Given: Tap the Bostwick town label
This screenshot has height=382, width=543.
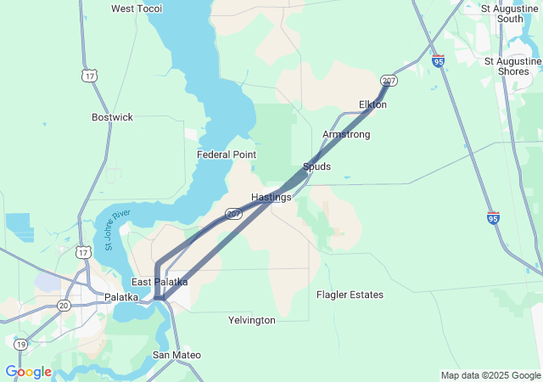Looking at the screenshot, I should (112, 117).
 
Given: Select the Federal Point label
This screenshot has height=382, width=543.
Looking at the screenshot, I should (227, 154).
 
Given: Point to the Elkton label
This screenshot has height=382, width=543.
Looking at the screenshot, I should (373, 104).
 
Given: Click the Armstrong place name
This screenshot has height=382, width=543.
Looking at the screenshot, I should (346, 134).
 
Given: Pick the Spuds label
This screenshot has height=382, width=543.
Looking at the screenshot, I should (316, 166).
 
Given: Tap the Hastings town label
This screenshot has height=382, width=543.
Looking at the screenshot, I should (271, 197).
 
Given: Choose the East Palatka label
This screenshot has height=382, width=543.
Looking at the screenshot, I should (160, 282).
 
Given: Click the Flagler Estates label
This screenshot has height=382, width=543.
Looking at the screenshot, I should (350, 295).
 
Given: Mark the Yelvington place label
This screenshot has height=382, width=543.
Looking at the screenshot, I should (252, 320).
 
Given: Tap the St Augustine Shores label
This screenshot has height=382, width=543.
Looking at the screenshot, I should (512, 66).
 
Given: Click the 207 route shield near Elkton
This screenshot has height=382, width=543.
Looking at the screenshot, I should (389, 81).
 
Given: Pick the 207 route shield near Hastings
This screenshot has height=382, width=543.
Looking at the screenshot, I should (234, 213).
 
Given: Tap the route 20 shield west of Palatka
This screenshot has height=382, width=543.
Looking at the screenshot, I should (64, 305).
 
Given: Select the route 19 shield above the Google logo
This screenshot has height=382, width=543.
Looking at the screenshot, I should (20, 344).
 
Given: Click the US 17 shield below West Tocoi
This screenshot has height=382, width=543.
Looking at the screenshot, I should (89, 76).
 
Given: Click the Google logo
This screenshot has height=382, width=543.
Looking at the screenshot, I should (28, 372).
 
